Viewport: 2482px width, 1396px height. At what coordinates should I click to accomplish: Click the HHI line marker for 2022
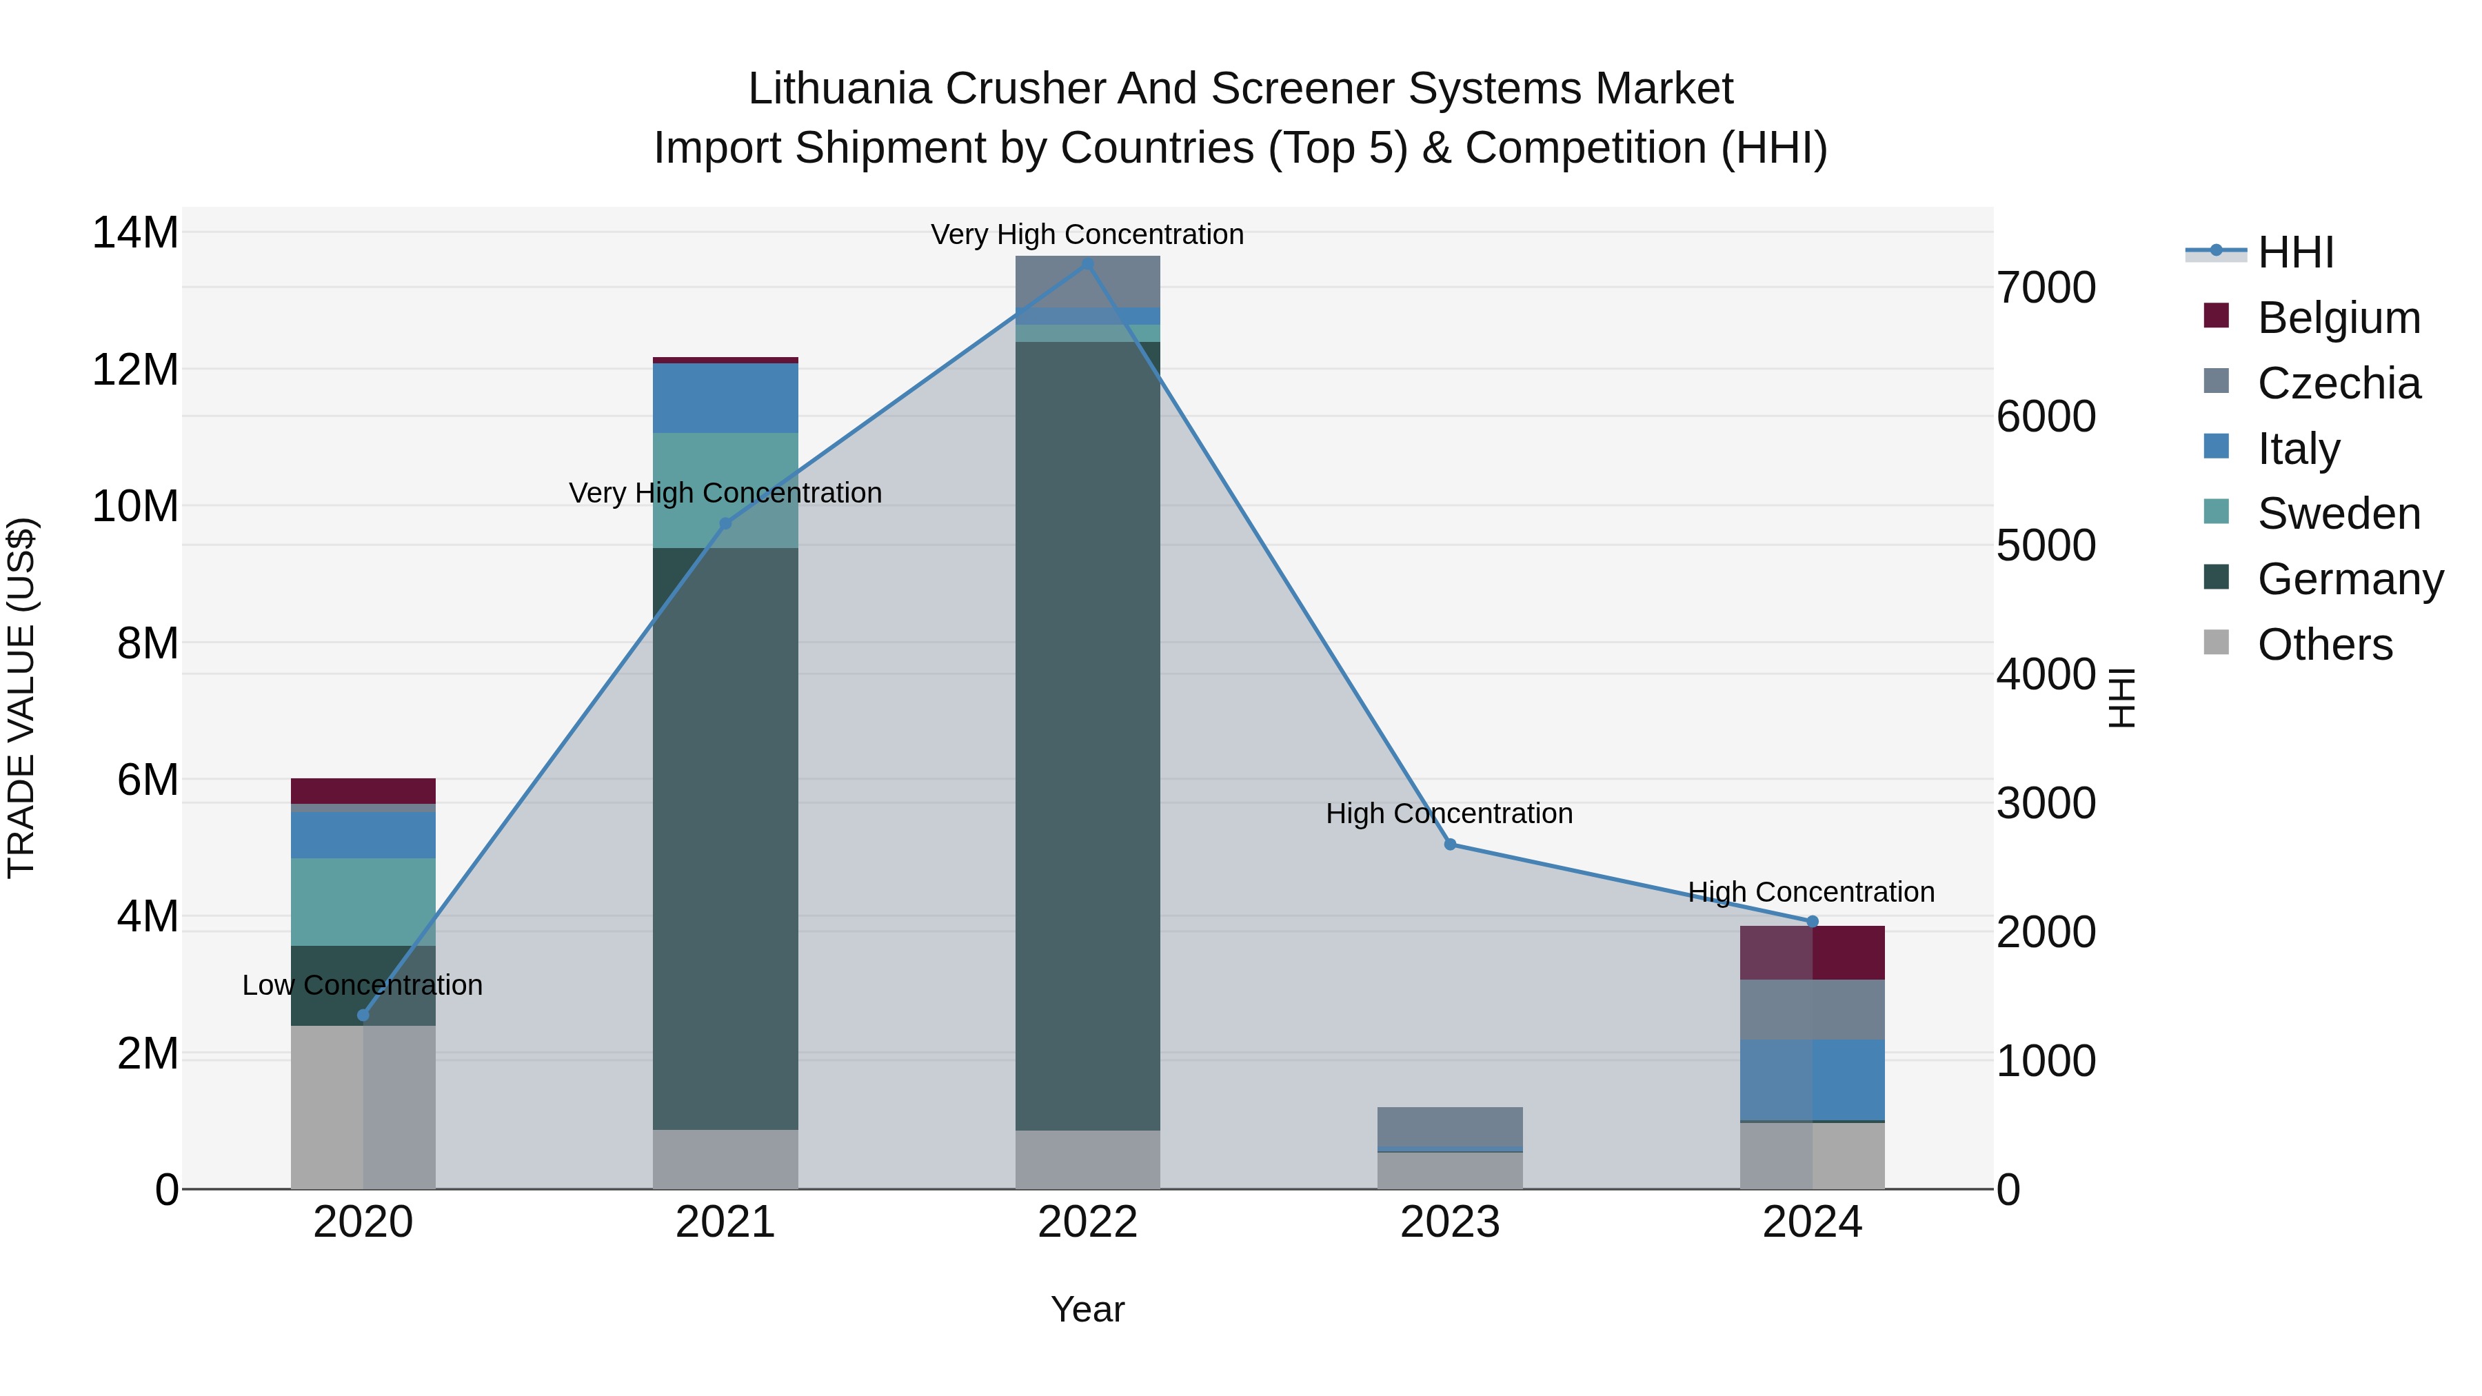[x=1088, y=263]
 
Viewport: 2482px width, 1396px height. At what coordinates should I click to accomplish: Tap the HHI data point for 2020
[x=363, y=1015]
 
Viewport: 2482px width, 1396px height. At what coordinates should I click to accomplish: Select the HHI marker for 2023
[x=1450, y=844]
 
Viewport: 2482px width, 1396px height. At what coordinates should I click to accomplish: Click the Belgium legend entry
[x=2339, y=318]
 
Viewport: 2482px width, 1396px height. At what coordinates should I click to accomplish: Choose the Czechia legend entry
[x=2339, y=383]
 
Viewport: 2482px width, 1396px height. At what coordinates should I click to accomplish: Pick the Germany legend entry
[x=2349, y=579]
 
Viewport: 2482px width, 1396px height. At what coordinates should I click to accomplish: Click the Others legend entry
[x=2324, y=645]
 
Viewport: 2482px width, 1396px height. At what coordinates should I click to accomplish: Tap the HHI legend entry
[x=2295, y=252]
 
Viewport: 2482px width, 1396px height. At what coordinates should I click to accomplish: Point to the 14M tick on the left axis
[x=135, y=233]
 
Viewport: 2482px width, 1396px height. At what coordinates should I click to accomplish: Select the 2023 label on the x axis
[x=1450, y=1222]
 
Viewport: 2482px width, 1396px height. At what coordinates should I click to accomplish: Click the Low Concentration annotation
[x=362, y=984]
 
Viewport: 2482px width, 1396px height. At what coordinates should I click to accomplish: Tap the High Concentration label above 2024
[x=1811, y=892]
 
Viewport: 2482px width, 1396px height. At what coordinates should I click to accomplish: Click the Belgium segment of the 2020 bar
[x=363, y=791]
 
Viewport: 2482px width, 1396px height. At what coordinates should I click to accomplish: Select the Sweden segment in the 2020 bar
[x=363, y=902]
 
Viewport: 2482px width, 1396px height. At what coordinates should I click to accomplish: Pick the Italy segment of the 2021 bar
[x=725, y=398]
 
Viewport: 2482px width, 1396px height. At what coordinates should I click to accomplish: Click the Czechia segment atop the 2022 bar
[x=1088, y=281]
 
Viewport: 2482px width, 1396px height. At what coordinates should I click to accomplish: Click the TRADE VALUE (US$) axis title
[x=21, y=698]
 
